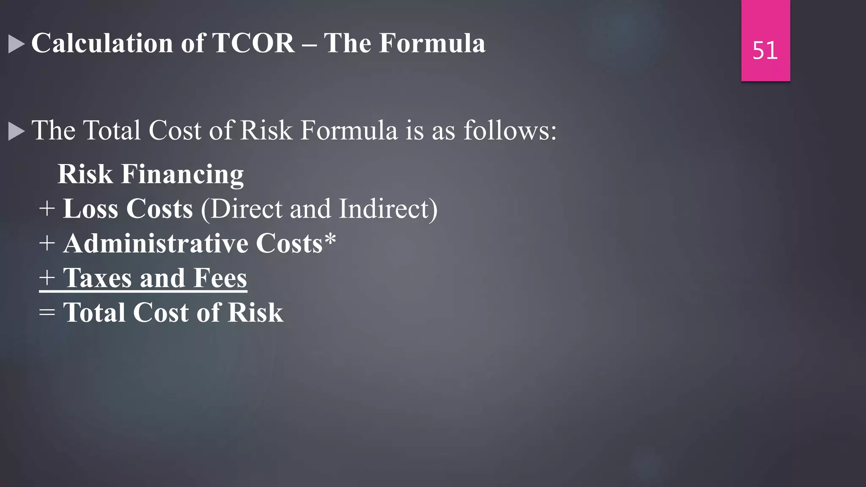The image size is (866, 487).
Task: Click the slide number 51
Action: click(x=765, y=51)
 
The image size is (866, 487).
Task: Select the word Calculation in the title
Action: click(x=102, y=43)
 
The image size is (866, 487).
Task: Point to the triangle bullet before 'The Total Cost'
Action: click(x=16, y=131)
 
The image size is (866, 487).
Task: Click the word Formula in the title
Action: click(x=432, y=43)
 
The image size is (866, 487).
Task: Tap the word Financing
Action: click(x=182, y=175)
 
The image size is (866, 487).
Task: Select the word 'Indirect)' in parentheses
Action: click(x=388, y=209)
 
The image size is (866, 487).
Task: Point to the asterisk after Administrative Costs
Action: click(x=330, y=239)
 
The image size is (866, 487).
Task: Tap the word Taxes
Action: click(x=98, y=278)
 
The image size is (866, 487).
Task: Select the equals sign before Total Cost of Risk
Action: click(x=47, y=313)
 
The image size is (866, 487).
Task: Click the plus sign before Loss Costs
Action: click(x=47, y=209)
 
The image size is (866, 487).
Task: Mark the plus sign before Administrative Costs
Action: click(x=47, y=244)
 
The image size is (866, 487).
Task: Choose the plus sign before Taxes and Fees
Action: click(x=47, y=279)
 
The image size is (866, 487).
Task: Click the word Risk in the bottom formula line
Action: click(x=255, y=313)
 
